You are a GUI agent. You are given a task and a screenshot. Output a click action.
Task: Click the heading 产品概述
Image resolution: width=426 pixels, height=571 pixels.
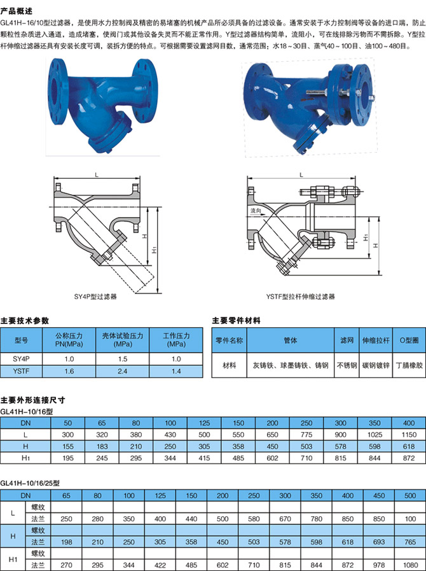17,11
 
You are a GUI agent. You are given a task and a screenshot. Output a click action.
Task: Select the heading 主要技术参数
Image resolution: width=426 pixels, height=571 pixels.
24,320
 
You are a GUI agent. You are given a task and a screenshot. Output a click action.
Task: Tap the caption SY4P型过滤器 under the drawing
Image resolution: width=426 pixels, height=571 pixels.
95,297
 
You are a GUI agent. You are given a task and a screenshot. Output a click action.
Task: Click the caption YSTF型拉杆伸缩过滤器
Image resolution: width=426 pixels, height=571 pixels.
300,297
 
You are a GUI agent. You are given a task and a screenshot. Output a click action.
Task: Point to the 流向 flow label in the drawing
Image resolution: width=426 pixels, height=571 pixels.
256,211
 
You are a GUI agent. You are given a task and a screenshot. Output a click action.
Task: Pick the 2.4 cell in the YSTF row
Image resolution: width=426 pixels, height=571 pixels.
123,371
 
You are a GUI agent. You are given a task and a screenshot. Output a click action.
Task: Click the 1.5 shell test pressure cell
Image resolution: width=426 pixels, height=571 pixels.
123,358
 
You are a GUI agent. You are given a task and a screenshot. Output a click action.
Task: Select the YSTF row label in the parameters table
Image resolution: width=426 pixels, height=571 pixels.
21,371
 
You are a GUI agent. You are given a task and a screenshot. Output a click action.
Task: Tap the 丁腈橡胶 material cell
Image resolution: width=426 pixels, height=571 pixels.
409,365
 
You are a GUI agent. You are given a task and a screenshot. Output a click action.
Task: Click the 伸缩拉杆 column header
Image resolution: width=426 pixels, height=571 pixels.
376,340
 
